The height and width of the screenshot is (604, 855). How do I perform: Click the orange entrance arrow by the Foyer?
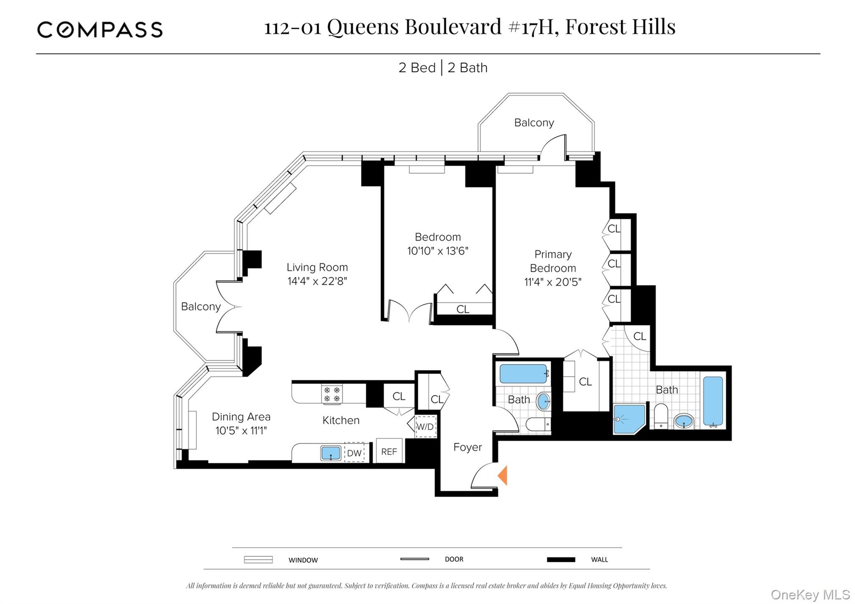pyautogui.click(x=503, y=475)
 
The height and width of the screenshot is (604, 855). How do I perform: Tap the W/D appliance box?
pyautogui.click(x=425, y=426)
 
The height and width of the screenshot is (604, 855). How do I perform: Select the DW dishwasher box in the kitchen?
pyautogui.click(x=354, y=453)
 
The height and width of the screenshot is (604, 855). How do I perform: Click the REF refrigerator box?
pyautogui.click(x=389, y=451)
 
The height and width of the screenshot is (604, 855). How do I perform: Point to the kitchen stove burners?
pyautogui.click(x=332, y=394)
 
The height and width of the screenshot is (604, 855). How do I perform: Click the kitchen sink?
pyautogui.click(x=331, y=453)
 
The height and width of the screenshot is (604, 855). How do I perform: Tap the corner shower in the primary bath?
pyautogui.click(x=628, y=419)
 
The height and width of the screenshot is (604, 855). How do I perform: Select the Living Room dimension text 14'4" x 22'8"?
pyautogui.click(x=317, y=281)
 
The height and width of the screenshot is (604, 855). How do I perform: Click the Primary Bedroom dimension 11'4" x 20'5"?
pyautogui.click(x=553, y=282)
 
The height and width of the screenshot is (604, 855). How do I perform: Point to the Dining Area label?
pyautogui.click(x=241, y=417)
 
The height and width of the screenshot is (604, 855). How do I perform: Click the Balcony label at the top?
pyautogui.click(x=534, y=123)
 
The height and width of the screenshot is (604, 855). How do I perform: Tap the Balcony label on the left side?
pyautogui.click(x=201, y=306)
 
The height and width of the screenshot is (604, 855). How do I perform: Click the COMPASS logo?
pyautogui.click(x=100, y=30)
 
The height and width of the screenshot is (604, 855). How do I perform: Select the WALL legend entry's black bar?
pyautogui.click(x=561, y=559)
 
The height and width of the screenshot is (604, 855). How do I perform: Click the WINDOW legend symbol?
pyautogui.click(x=258, y=559)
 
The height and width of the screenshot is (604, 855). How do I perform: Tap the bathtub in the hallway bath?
pyautogui.click(x=524, y=374)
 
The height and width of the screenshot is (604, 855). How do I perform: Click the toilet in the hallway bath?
pyautogui.click(x=539, y=425)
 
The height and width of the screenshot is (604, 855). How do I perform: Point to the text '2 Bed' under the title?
pyautogui.click(x=417, y=68)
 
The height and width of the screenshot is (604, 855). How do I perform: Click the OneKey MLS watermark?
pyautogui.click(x=810, y=594)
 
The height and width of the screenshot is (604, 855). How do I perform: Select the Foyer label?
pyautogui.click(x=468, y=447)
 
